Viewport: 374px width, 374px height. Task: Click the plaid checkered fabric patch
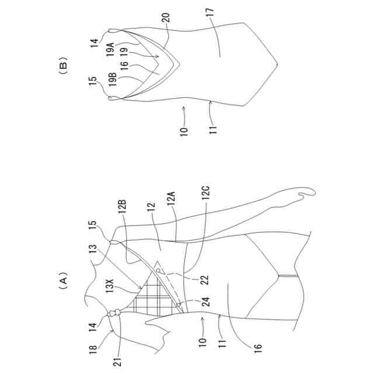149,298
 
